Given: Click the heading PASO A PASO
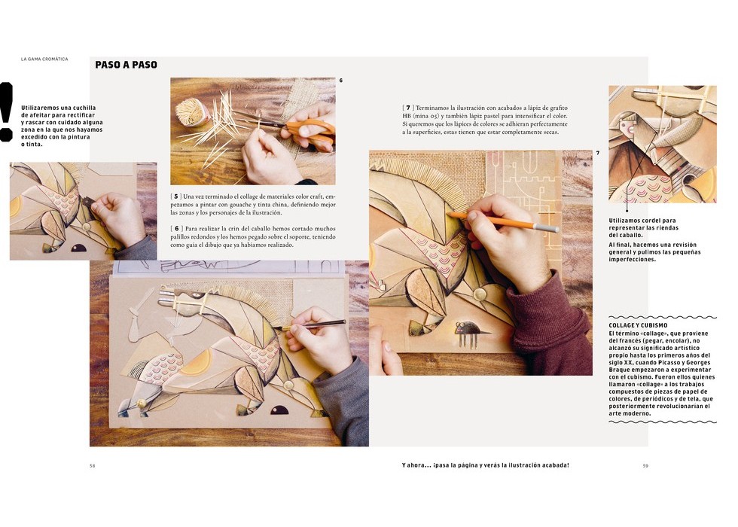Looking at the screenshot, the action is click(127, 65).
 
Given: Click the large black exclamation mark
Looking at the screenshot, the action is click(6, 111).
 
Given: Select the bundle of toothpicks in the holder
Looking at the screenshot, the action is click(192, 113).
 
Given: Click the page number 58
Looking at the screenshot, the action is click(92, 466).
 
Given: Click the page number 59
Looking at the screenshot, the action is click(645, 466).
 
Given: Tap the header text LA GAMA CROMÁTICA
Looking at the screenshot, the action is click(44, 59).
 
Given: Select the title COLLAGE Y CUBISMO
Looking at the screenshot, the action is click(638, 325).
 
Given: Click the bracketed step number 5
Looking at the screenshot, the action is click(176, 196).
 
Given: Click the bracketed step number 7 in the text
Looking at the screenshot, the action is click(408, 108).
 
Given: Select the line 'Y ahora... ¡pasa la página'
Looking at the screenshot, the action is click(486, 465).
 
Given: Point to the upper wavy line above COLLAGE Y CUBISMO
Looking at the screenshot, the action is click(663, 318).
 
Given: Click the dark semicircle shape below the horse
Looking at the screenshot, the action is click(279, 410).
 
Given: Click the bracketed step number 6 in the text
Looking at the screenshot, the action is click(176, 229).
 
